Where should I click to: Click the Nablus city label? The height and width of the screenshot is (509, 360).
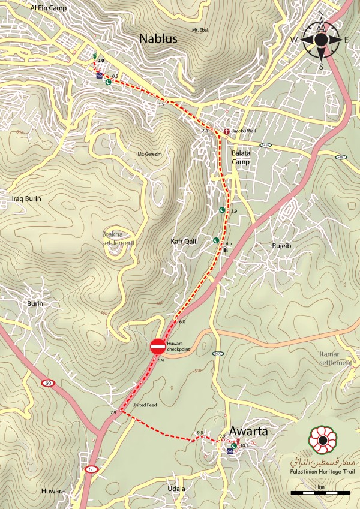(158, 38)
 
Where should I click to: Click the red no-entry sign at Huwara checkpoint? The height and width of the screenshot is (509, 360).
(157, 346)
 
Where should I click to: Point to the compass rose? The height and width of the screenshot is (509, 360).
(321, 39)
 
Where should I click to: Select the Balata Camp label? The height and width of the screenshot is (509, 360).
(241, 157)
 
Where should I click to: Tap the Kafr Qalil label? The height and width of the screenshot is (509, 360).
(184, 241)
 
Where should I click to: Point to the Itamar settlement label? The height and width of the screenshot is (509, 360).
(336, 359)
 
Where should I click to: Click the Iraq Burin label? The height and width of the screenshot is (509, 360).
(26, 198)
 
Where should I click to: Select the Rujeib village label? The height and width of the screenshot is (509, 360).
(265, 245)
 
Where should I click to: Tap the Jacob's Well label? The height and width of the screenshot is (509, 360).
(244, 131)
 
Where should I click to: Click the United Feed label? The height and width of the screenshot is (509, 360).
(144, 405)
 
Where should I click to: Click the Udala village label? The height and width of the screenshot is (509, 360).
(176, 489)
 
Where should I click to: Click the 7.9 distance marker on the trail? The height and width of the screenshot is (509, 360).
(113, 413)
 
